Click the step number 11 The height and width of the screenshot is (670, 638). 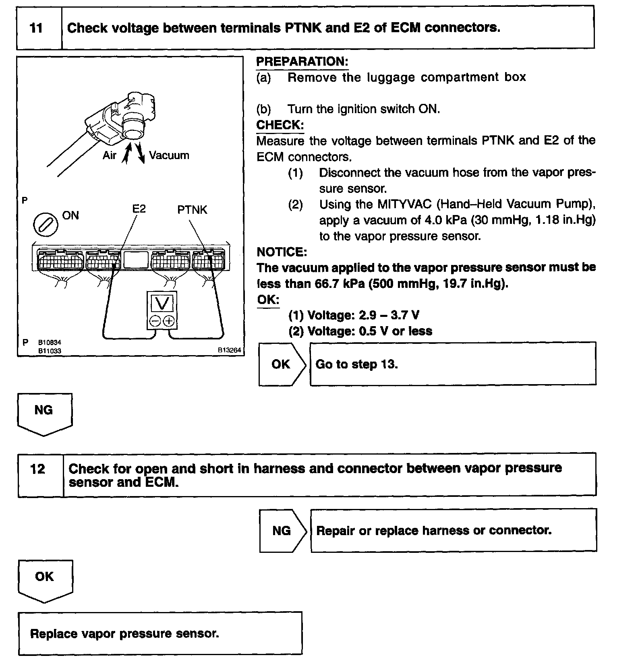(36, 28)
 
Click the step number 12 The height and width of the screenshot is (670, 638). (37, 469)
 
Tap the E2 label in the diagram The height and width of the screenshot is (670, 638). (139, 209)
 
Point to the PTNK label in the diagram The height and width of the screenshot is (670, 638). (192, 210)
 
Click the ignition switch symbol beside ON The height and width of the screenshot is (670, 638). (45, 224)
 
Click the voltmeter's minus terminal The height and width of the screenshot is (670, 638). (155, 321)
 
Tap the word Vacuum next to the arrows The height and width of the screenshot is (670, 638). (169, 155)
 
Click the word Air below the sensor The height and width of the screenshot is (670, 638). (109, 155)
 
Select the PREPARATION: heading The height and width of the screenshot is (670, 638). (302, 62)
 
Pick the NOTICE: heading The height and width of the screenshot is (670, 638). (282, 252)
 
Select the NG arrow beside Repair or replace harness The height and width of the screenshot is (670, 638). (282, 531)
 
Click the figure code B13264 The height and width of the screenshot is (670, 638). (229, 350)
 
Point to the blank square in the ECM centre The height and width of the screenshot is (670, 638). (136, 260)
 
